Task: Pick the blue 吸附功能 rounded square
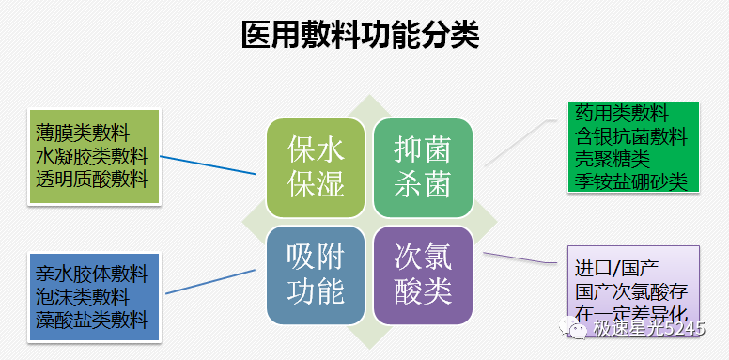click(x=315, y=274)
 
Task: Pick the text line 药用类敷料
click(x=621, y=115)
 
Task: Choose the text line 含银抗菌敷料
click(x=631, y=137)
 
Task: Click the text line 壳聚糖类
click(x=612, y=159)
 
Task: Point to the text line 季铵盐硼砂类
click(x=631, y=180)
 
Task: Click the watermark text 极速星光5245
click(x=648, y=328)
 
